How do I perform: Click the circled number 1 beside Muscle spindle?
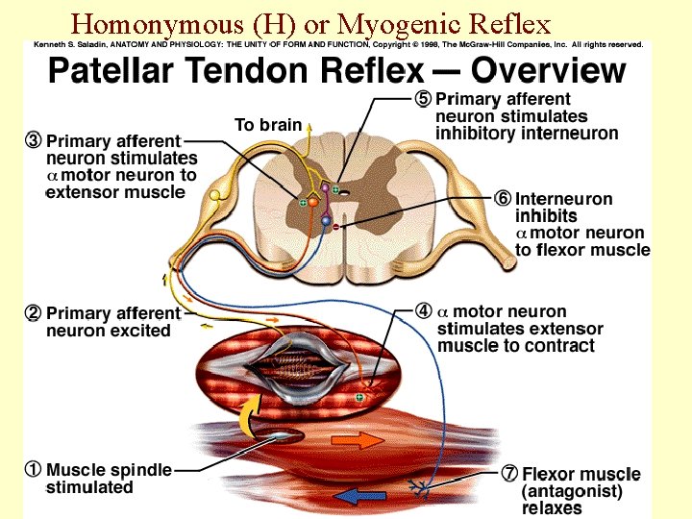coord(33,471)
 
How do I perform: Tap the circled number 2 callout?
coord(34,313)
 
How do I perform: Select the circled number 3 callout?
coord(34,140)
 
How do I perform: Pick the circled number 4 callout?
coord(424,311)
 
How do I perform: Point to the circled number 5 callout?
coord(424,98)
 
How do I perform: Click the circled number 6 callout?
coord(504,199)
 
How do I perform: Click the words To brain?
coord(267,125)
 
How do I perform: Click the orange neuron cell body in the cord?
coord(312,202)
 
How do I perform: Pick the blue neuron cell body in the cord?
coord(325,222)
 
